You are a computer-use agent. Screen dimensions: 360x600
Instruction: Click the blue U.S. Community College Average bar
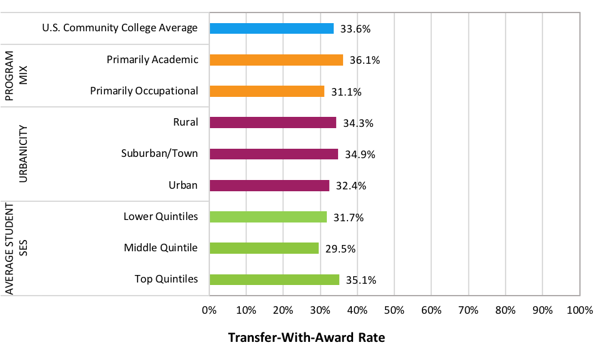point(271,28)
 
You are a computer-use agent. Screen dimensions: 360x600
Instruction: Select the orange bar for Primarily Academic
point(276,60)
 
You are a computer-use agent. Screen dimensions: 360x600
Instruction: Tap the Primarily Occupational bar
point(267,91)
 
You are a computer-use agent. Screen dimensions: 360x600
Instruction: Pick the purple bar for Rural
point(272,122)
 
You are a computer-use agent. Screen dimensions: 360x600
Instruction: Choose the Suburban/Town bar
point(274,154)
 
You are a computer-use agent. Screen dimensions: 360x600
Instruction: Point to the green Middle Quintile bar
point(264,248)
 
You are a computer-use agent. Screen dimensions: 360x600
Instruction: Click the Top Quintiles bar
point(274,279)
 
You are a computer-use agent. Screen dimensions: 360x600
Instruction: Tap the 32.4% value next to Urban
point(351,186)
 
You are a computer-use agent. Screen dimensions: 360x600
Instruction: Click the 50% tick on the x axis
point(394,310)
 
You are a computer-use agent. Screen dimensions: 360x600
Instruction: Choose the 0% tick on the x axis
point(209,310)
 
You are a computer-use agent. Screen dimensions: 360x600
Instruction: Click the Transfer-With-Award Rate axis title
point(306,337)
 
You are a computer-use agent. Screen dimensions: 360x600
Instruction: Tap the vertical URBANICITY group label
point(23,154)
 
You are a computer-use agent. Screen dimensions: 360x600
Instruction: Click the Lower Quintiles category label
point(161,216)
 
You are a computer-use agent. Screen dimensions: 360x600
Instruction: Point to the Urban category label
point(183,185)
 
